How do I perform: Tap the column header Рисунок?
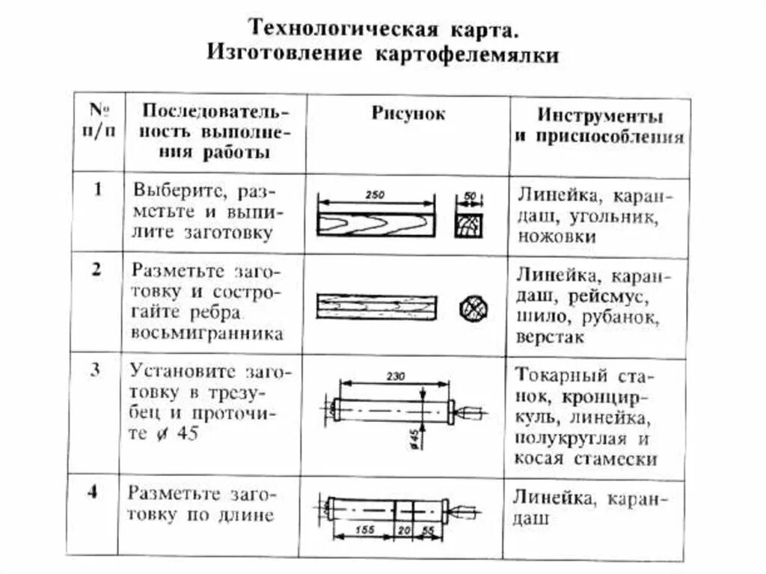408,114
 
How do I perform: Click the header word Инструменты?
600,117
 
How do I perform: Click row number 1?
98,189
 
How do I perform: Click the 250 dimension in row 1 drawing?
376,195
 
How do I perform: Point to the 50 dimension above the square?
470,195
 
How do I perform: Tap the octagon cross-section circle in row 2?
473,308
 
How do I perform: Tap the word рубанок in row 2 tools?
624,317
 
